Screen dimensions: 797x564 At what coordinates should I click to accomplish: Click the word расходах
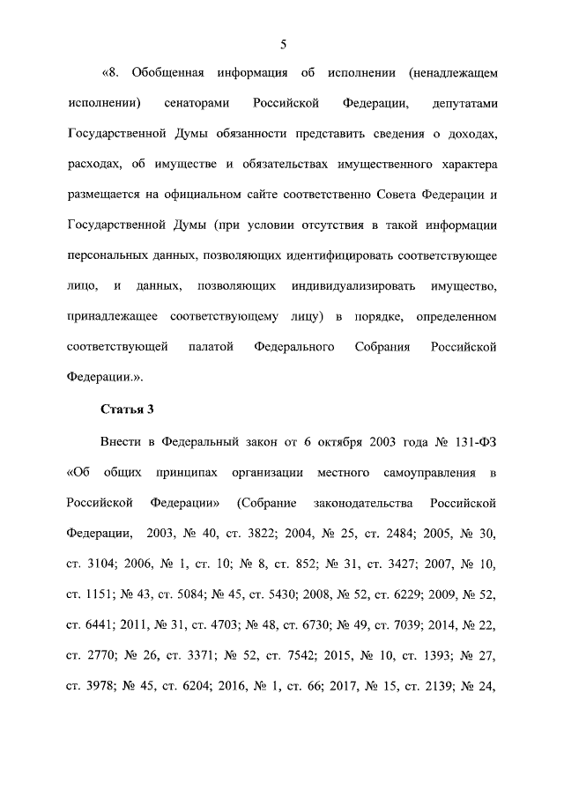pyautogui.click(x=92, y=165)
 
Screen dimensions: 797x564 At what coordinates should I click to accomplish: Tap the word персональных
pyautogui.click(x=107, y=255)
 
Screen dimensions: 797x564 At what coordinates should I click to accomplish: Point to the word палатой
pyautogui.click(x=211, y=347)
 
